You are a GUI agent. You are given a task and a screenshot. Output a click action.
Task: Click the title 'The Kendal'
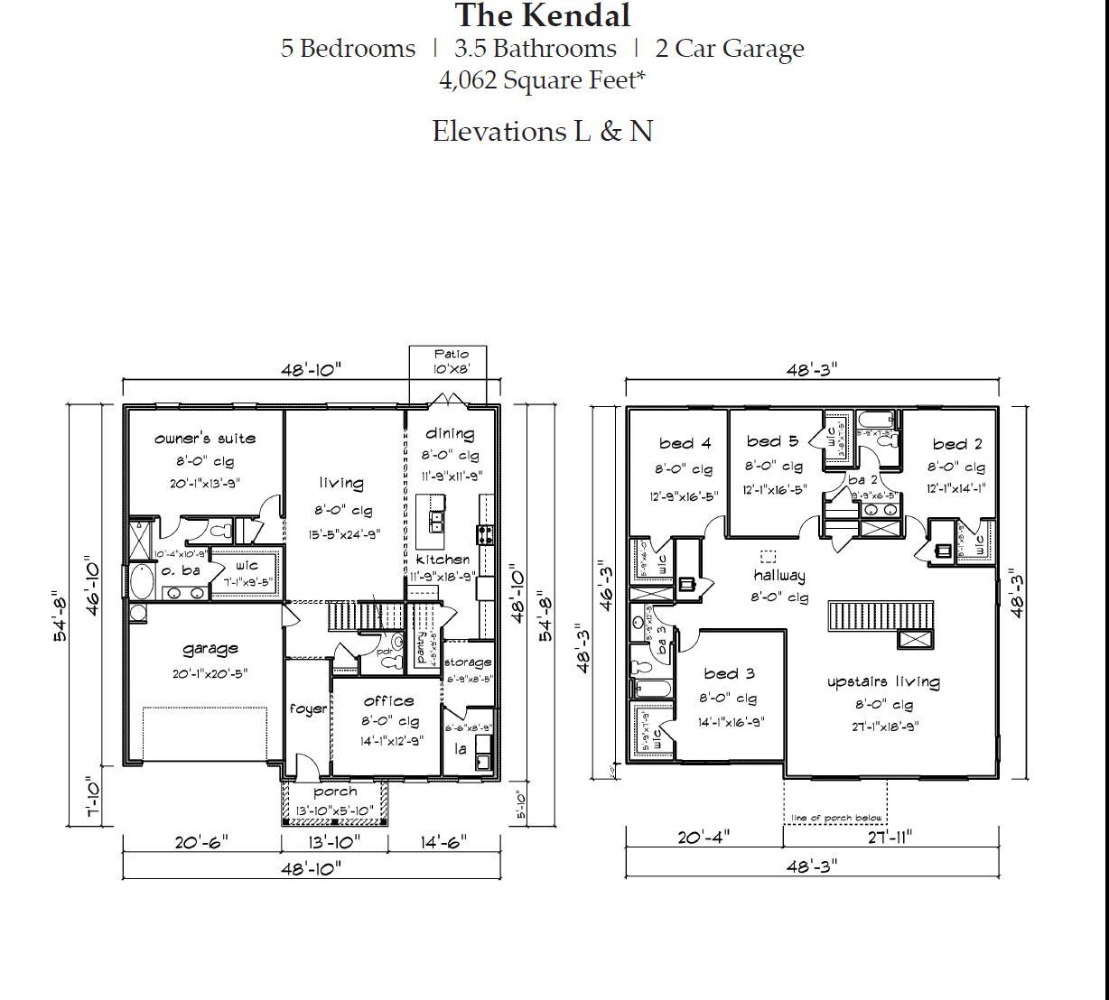point(543,15)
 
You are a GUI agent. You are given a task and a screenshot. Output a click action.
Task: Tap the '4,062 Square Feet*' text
point(542,80)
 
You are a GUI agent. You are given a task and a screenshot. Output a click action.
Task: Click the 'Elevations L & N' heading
point(542,132)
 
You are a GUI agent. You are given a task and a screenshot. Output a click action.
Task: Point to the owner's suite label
point(205,439)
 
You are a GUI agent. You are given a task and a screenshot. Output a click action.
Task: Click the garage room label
point(210,648)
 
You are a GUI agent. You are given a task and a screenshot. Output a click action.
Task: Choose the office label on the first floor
point(389,700)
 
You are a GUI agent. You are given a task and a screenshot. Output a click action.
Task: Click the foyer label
point(308,708)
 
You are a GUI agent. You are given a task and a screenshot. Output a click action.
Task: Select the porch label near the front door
point(335,792)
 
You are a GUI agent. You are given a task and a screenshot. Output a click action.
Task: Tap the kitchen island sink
point(436,521)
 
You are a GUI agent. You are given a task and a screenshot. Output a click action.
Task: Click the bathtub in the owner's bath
point(143,582)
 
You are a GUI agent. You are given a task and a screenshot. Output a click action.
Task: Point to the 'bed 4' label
point(685,443)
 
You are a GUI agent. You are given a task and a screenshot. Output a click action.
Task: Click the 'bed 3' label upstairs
point(729,673)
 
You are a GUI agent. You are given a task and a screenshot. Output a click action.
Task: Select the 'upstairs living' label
point(883,682)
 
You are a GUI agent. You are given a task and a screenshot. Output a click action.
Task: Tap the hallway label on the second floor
point(778,576)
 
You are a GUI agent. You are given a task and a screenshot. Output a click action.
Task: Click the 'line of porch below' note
point(836,819)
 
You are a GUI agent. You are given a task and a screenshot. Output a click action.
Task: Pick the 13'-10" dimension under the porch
point(334,842)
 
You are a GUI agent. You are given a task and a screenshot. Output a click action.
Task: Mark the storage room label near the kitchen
point(468,662)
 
